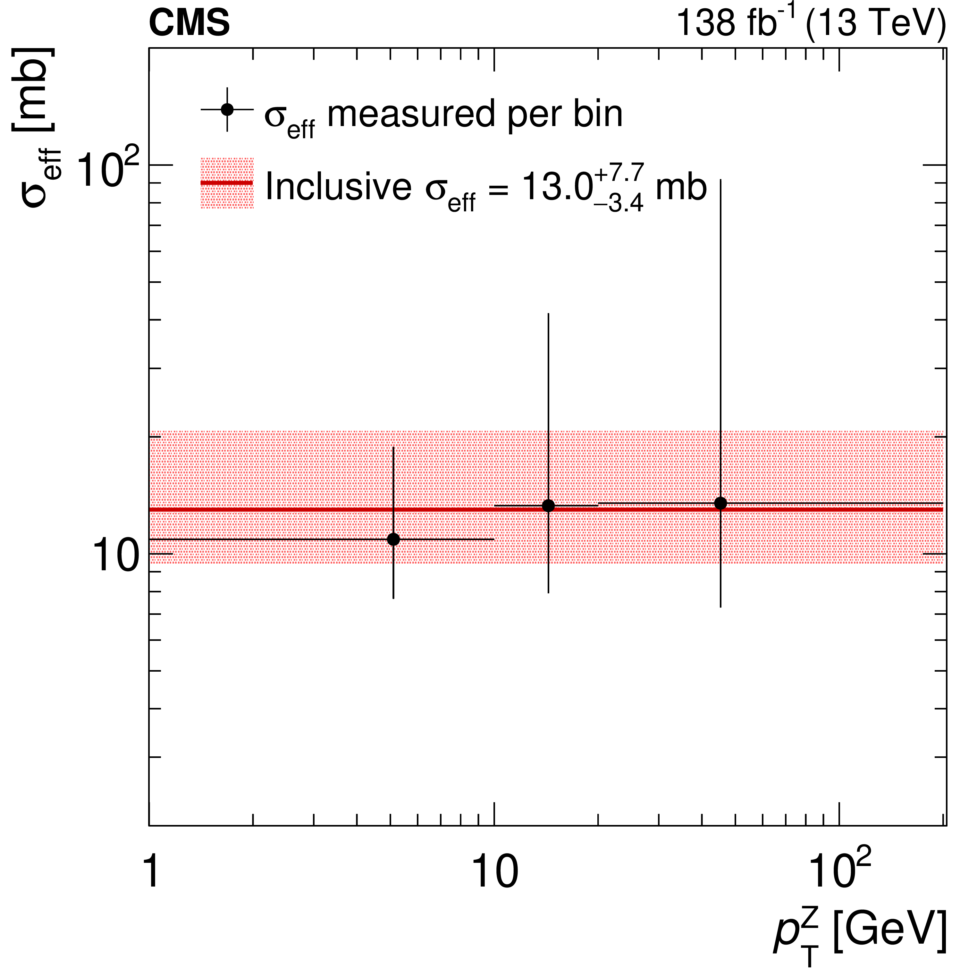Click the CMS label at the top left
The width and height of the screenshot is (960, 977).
[x=189, y=23]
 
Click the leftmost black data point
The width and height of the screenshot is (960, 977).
[x=393, y=539]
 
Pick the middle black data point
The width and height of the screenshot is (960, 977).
[x=548, y=505]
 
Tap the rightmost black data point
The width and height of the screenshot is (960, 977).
[x=720, y=503]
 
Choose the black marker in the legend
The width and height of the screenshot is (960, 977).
[x=227, y=109]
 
